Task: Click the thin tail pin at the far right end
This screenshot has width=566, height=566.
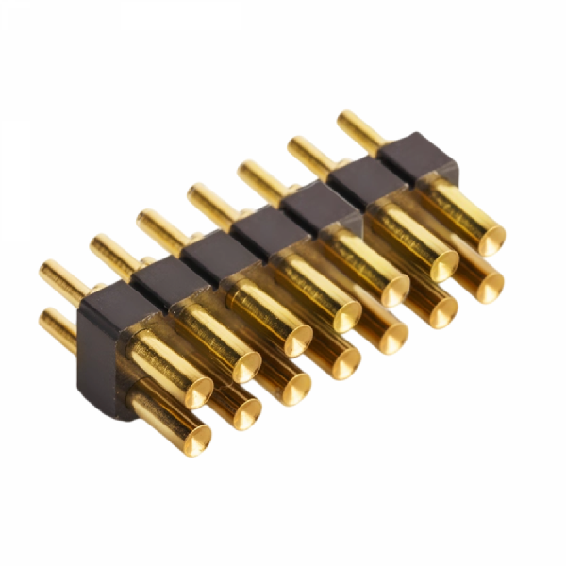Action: pyautogui.click(x=358, y=128)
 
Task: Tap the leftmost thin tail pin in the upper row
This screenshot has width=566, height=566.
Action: pyautogui.click(x=62, y=279)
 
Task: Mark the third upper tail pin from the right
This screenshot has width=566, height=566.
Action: pyautogui.click(x=259, y=177)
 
